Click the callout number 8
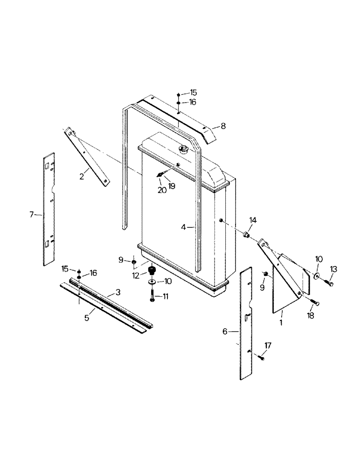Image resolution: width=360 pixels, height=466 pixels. (223, 125)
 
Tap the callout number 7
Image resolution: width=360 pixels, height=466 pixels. (32, 214)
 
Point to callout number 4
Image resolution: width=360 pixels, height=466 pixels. (184, 227)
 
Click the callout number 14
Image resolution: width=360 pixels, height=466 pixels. (253, 220)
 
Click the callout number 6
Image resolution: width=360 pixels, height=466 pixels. (225, 331)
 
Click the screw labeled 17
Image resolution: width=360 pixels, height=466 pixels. (259, 357)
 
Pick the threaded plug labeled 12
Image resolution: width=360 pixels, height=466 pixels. (152, 271)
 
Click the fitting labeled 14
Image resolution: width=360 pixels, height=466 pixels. (247, 233)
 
